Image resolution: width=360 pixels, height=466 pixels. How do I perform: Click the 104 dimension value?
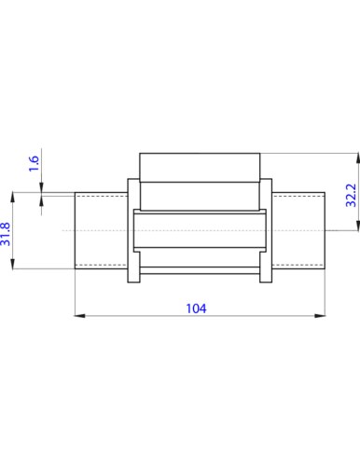[x=196, y=308]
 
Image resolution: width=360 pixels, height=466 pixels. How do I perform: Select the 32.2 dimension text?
[x=351, y=195]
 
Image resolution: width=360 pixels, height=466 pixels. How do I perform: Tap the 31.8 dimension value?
[x=6, y=234]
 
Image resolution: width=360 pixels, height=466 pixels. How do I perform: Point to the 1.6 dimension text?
[x=34, y=163]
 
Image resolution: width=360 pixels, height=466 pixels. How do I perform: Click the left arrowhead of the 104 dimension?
[x=79, y=316]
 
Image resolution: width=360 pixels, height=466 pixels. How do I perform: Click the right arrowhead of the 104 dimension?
[x=320, y=316]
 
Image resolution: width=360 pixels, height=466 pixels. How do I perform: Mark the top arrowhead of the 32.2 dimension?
[x=357, y=158]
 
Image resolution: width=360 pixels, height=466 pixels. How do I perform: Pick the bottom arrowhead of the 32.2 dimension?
[x=357, y=225]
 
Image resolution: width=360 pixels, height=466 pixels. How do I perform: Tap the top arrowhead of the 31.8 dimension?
[x=12, y=198]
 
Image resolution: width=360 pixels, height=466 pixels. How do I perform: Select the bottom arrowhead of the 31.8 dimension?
[x=12, y=263]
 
